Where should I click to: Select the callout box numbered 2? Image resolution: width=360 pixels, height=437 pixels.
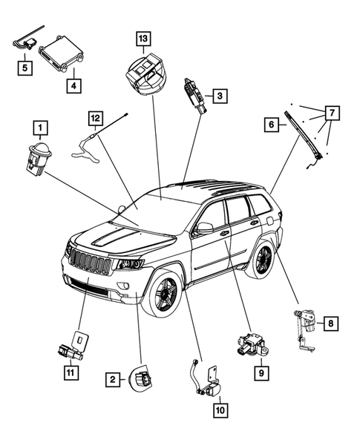tap(114, 380)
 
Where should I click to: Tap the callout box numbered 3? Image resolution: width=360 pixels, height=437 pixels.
tap(220, 95)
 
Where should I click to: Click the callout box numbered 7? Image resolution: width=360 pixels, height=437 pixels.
tap(332, 112)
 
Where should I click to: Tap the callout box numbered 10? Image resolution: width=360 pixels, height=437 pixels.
tap(221, 407)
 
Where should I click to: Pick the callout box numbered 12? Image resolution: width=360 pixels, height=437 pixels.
tap(95, 118)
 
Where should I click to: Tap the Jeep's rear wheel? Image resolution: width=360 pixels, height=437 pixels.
tap(262, 260)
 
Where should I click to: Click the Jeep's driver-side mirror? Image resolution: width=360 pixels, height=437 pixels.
tap(203, 228)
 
